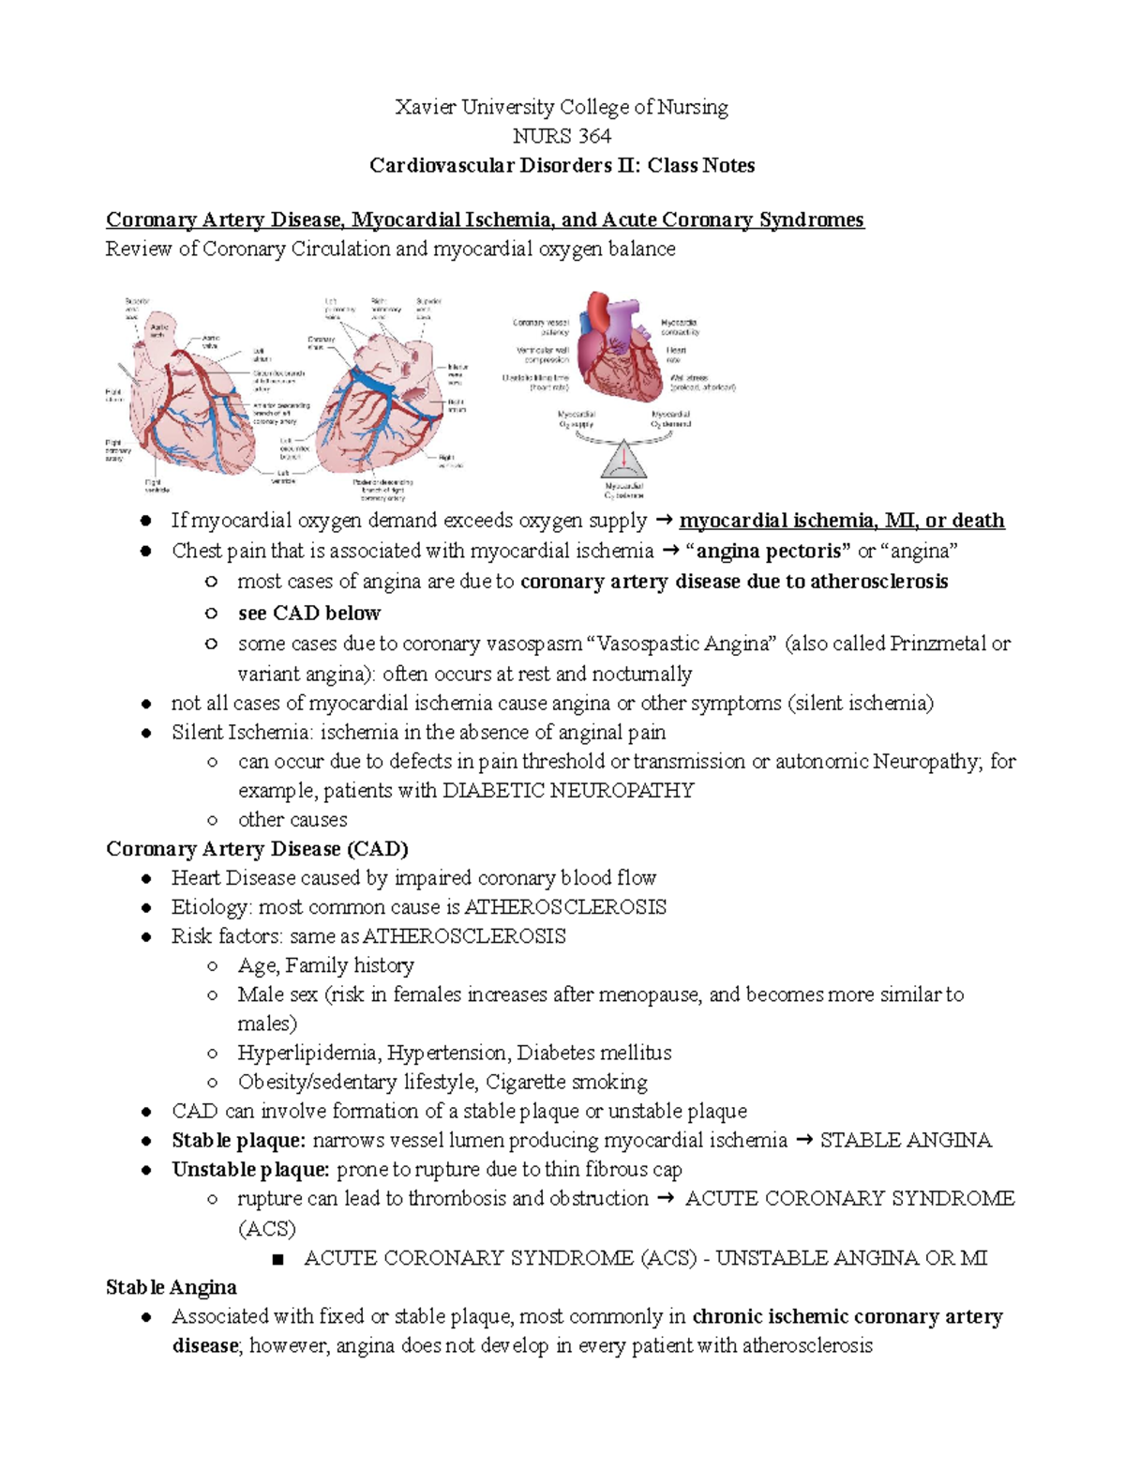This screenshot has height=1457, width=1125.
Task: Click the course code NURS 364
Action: point(562,136)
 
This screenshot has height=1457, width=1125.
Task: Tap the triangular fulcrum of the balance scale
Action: point(623,461)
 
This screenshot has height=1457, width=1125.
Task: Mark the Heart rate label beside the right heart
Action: point(675,355)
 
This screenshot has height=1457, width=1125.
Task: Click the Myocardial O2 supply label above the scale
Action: point(577,418)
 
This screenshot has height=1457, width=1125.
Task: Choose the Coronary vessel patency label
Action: point(541,326)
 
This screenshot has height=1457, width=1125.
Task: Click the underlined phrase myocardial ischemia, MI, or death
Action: point(841,521)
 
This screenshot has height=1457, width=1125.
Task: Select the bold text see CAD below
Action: point(308,613)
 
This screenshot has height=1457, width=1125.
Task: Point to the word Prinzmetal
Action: point(937,644)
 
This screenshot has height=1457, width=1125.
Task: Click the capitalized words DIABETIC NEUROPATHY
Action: point(568,790)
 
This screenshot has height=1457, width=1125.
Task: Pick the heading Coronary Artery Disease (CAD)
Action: point(257,849)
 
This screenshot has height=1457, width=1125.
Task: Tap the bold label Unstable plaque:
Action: point(250,1169)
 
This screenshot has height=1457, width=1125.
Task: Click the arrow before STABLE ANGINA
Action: point(803,1141)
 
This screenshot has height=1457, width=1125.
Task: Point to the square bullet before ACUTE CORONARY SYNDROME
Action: point(277,1259)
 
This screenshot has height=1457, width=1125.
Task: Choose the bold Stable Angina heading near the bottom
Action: point(171,1287)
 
